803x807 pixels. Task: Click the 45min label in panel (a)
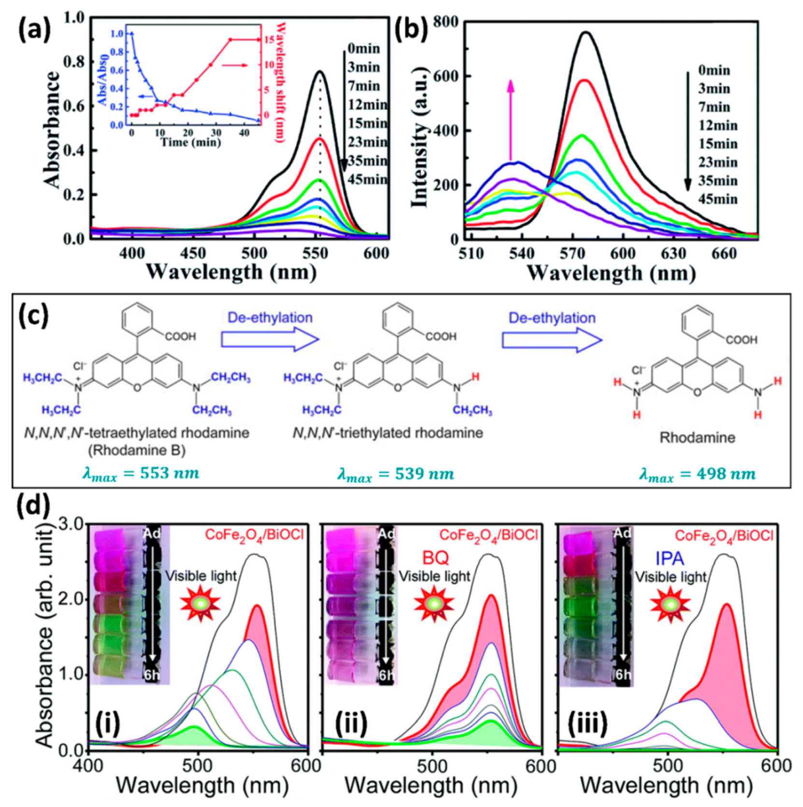click(x=367, y=179)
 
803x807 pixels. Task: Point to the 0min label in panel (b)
click(x=714, y=71)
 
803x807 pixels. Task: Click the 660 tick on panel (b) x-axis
click(x=724, y=253)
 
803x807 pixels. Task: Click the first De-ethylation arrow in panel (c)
click(x=270, y=340)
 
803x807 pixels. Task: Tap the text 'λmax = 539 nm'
click(x=395, y=474)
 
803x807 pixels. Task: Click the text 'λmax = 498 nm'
click(x=697, y=474)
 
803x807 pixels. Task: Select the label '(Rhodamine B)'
click(x=137, y=450)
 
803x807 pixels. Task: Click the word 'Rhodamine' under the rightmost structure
click(x=697, y=438)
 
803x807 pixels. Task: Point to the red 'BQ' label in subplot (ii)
click(x=435, y=558)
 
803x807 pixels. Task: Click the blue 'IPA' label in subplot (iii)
click(x=670, y=558)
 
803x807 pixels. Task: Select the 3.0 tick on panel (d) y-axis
click(x=72, y=524)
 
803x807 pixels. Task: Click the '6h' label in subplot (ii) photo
click(x=385, y=675)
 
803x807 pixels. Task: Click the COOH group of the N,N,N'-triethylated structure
click(x=441, y=336)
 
